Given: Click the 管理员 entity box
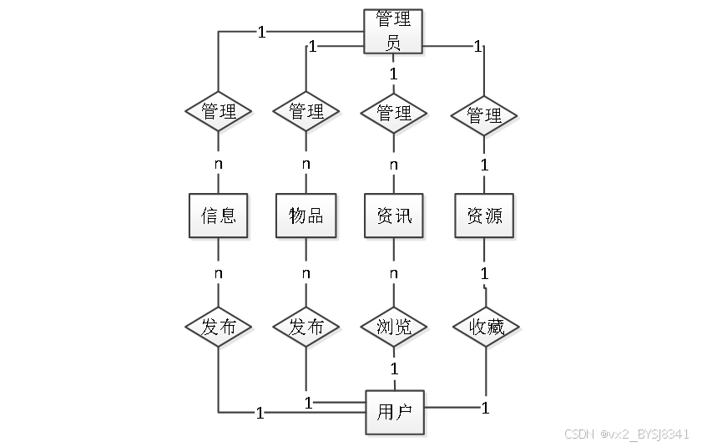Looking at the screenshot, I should coord(394,31).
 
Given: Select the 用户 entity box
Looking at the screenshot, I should coord(394,411).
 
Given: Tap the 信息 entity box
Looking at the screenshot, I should coord(218,216).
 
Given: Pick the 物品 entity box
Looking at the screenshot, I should coord(306,216).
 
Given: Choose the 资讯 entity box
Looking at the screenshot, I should coord(394,216).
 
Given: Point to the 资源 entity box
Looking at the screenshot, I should coord(484,216).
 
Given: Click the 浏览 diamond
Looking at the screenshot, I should coord(394,327).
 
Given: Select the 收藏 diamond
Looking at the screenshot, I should coord(484,327).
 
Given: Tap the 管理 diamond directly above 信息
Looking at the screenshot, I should coord(218,112).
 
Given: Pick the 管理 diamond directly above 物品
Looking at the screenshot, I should coord(306,112).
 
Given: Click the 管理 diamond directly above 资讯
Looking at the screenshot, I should coord(394,112).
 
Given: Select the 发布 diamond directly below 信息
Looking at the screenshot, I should coord(218,327).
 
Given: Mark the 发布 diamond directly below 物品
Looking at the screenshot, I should coord(306,327).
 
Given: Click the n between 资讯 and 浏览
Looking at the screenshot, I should coord(394,273).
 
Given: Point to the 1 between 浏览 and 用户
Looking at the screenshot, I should coord(394,368).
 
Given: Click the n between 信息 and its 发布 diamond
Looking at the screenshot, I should coord(218,273).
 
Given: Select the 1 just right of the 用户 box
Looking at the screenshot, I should coord(484,409).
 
